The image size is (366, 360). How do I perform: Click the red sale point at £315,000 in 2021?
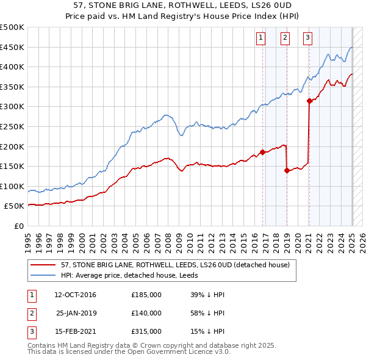pyautogui.click(x=309, y=101)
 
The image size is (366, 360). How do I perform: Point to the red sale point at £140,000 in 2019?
pyautogui.click(x=287, y=171)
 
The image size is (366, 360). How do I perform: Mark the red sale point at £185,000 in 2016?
pyautogui.click(x=262, y=153)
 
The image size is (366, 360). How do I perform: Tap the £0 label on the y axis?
pyautogui.click(x=19, y=226)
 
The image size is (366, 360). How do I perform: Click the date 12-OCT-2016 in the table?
pyautogui.click(x=75, y=295)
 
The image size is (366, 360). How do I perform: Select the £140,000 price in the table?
pyautogui.click(x=146, y=313)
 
